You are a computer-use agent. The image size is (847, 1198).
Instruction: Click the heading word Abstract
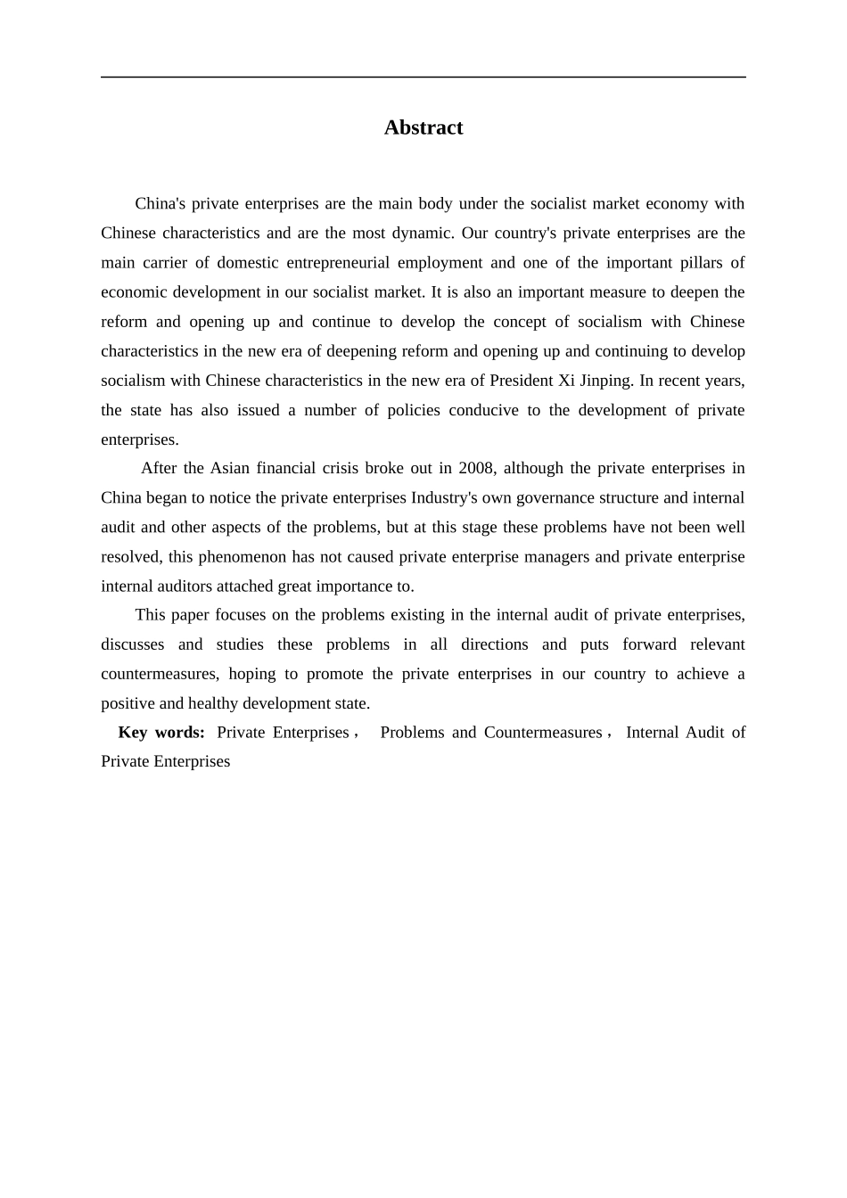pyautogui.click(x=423, y=127)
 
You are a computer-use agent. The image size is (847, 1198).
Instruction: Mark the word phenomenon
pyautogui.click(x=243, y=557)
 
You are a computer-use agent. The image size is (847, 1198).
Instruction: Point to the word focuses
pyautogui.click(x=242, y=615)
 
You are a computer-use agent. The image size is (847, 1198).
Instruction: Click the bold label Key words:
pyautogui.click(x=161, y=733)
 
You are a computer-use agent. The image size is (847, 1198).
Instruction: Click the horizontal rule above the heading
pyautogui.click(x=423, y=78)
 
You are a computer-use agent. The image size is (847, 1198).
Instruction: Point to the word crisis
pyautogui.click(x=334, y=469)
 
